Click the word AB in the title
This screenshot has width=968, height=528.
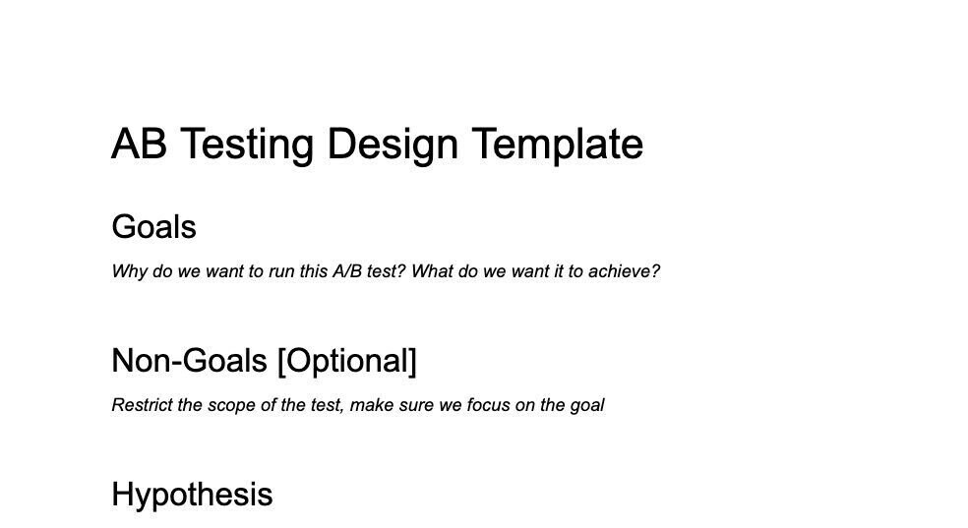[139, 145]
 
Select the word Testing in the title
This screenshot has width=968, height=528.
[248, 145]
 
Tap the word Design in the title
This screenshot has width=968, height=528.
[393, 145]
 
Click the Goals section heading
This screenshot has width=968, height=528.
[153, 227]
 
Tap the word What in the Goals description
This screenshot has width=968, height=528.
[431, 271]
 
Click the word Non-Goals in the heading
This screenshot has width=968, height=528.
[190, 361]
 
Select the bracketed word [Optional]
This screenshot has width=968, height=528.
[346, 361]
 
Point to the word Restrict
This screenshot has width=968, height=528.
[143, 405]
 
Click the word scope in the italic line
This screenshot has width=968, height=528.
[230, 405]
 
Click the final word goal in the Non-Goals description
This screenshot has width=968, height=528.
[586, 405]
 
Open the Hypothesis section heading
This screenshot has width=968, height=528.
[192, 495]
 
